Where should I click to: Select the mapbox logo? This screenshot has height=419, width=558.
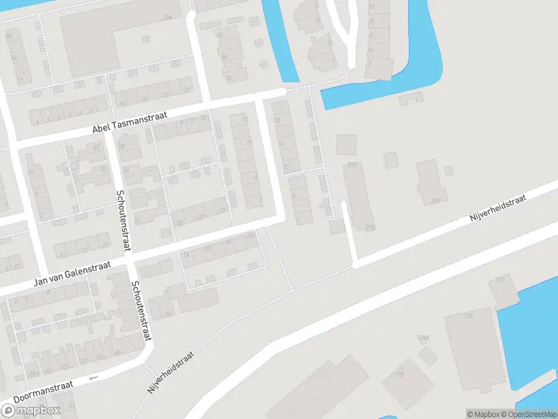[x=30, y=410]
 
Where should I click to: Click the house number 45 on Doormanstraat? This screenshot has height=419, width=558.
[x=116, y=352]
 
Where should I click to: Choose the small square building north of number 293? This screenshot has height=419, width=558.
[x=346, y=145]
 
